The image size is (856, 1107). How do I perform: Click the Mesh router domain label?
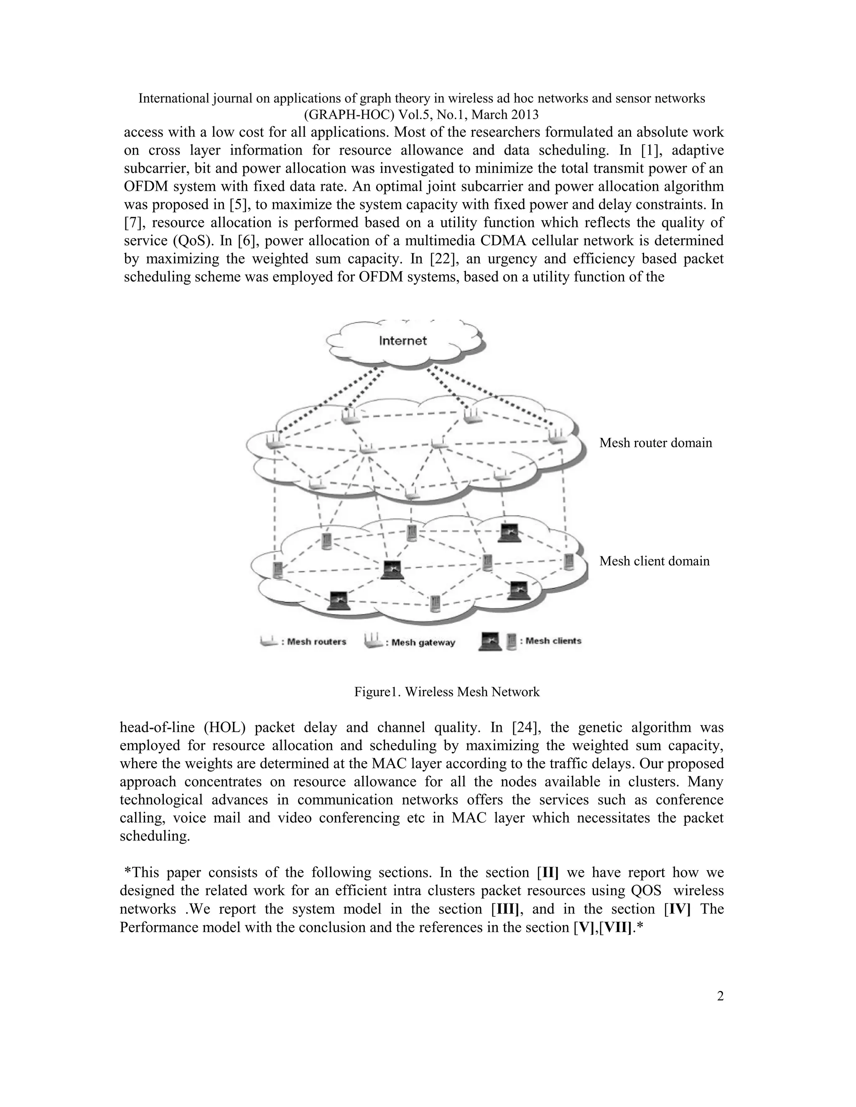coord(655,443)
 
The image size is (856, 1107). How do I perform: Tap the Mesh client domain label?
coord(654,561)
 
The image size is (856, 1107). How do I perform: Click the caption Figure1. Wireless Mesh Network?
coord(447,692)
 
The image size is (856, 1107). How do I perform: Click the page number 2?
coord(720,996)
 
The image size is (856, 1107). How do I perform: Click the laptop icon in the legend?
coord(490,642)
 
